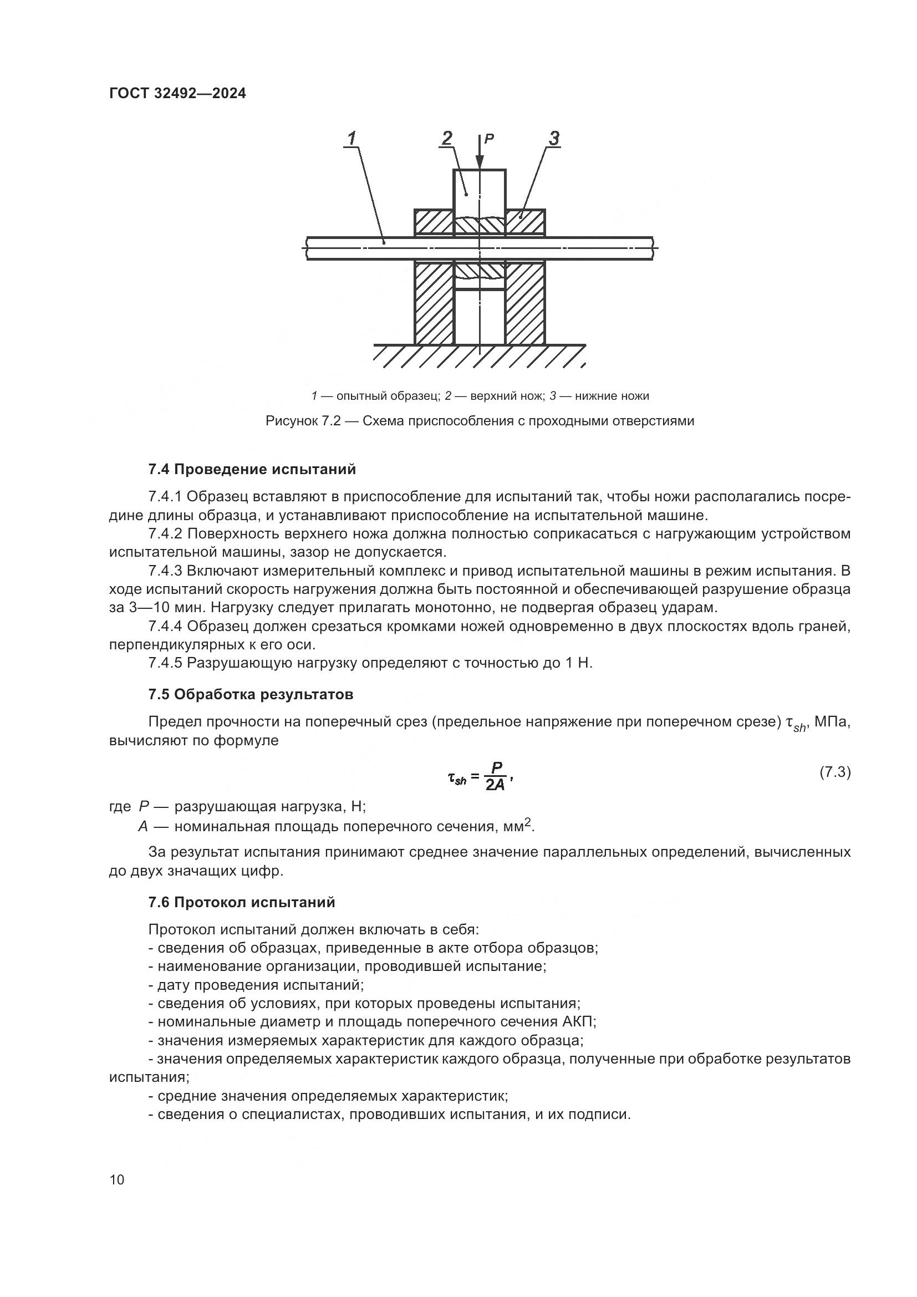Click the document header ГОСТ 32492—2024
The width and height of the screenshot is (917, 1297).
point(177,94)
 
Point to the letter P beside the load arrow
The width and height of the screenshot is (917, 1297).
point(490,138)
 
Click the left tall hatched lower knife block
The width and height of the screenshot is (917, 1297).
point(434,303)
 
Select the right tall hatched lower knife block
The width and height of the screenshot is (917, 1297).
point(525,303)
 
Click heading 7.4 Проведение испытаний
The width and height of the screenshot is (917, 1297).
point(252,470)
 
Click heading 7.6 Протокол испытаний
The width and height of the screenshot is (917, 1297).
point(242,902)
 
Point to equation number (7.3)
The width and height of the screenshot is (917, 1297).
point(834,772)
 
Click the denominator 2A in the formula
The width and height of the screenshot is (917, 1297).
point(495,785)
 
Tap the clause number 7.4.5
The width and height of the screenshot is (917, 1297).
point(165,663)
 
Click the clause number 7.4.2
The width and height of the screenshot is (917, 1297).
point(165,534)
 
